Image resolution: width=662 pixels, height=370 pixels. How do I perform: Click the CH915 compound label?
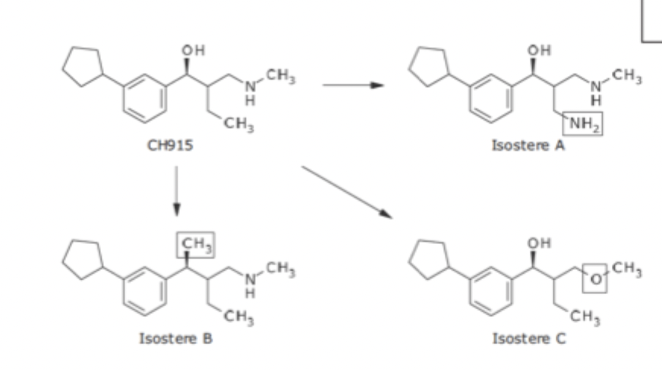click(x=170, y=146)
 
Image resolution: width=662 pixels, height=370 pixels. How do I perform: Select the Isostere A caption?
click(x=528, y=146)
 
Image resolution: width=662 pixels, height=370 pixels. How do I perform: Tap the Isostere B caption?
click(x=176, y=338)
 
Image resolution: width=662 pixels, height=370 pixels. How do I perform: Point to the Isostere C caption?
click(x=529, y=338)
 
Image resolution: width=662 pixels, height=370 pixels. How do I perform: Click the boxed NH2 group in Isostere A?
click(x=582, y=124)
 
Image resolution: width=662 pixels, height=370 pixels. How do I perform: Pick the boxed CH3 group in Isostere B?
click(x=196, y=245)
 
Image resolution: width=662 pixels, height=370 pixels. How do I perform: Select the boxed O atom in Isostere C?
click(x=595, y=278)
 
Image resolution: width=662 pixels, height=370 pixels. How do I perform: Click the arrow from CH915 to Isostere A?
click(x=353, y=85)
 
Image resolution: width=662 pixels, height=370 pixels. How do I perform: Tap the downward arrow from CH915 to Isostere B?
click(x=177, y=191)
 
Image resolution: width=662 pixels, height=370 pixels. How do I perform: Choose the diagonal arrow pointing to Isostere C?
click(x=347, y=192)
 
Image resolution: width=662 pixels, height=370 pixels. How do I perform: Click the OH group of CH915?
click(x=194, y=51)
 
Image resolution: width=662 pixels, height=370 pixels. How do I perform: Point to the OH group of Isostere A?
click(x=539, y=51)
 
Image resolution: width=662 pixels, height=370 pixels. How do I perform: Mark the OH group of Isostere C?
click(x=539, y=243)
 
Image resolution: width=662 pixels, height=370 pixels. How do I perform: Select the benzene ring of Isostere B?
click(x=125, y=292)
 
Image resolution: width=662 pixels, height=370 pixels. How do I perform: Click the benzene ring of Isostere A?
click(x=470, y=99)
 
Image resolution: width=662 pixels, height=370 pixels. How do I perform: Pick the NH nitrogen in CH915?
click(x=250, y=86)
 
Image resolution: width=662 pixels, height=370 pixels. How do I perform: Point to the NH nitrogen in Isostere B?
click(x=250, y=280)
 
